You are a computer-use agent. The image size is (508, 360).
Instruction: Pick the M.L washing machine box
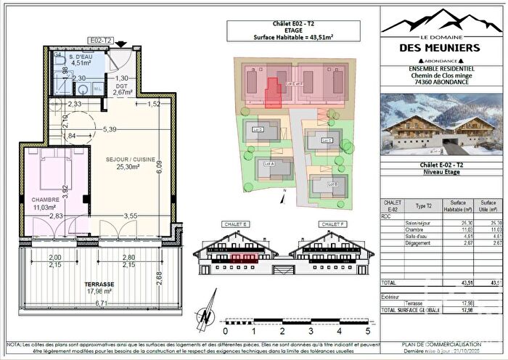coord(98,89)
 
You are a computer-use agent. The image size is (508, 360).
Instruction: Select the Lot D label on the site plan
coord(257,130)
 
